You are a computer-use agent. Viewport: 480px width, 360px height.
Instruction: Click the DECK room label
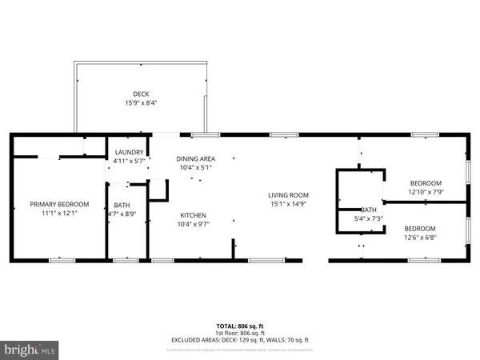point(140,93)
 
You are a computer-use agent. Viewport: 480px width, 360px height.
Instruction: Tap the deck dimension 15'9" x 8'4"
point(140,102)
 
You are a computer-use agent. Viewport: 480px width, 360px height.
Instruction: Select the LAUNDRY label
point(129,152)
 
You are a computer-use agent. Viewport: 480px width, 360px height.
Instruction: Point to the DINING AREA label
point(196,158)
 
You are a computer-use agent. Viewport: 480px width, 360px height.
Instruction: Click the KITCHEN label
point(194,215)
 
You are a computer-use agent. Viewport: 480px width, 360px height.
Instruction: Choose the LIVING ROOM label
point(288,194)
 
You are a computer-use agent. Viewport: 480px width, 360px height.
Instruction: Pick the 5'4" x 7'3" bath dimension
point(368,218)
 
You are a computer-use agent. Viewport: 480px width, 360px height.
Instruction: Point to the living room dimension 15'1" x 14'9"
point(288,204)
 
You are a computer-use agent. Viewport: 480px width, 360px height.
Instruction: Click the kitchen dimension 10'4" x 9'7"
point(194,225)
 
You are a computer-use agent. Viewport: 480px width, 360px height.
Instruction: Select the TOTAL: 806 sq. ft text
point(240,326)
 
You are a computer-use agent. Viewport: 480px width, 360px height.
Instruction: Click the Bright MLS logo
point(30,349)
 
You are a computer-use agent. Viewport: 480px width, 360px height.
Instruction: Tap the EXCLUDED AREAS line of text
point(240,340)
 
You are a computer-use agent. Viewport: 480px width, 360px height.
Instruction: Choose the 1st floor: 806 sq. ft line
point(240,334)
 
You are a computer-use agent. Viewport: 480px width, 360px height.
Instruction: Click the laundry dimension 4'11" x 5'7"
point(129,161)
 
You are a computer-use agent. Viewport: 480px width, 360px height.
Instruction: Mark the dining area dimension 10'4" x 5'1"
point(196,168)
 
